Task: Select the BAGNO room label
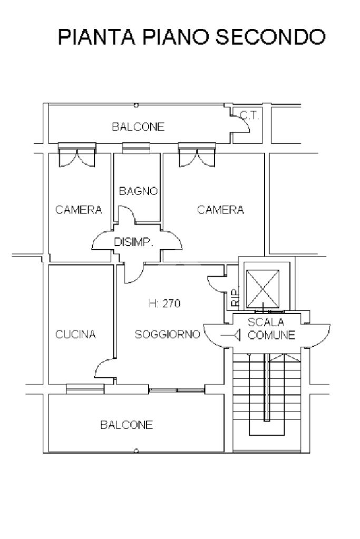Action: [138, 191]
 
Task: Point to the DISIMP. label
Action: [133, 242]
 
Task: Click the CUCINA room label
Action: [76, 335]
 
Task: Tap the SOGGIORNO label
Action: [167, 334]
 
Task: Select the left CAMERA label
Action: [79, 210]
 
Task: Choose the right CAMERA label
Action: [220, 210]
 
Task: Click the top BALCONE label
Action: [138, 127]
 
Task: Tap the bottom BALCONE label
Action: [127, 425]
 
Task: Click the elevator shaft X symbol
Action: [263, 288]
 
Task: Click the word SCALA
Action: [266, 322]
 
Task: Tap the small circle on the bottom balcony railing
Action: [136, 450]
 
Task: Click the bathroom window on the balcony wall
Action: [136, 148]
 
